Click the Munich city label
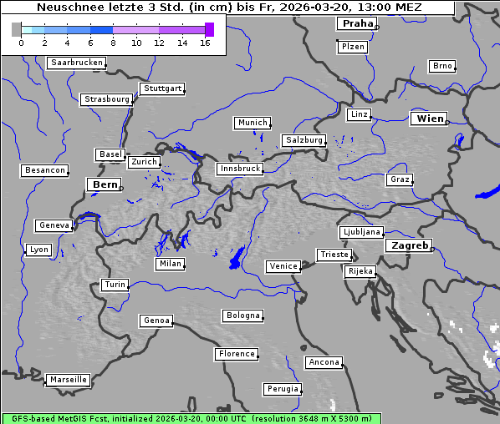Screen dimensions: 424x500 tap(253, 123)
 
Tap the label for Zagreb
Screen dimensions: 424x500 tap(409, 245)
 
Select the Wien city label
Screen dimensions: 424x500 tap(430, 119)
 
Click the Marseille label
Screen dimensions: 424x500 tap(68, 379)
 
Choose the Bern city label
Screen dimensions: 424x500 tap(105, 184)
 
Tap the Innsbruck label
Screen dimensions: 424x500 tap(239, 169)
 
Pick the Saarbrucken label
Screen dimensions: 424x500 tap(76, 63)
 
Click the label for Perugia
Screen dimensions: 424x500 tap(282, 389)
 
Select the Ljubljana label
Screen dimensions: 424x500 tap(361, 232)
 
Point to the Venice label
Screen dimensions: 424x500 tap(283, 266)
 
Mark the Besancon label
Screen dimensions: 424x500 tap(44, 170)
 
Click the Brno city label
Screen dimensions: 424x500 tap(441, 66)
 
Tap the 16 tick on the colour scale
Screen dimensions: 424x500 tap(205, 43)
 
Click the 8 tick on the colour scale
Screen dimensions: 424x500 tap(113, 43)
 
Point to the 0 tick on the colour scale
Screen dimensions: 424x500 tap(21, 43)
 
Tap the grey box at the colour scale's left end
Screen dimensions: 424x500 tap(17, 29)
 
